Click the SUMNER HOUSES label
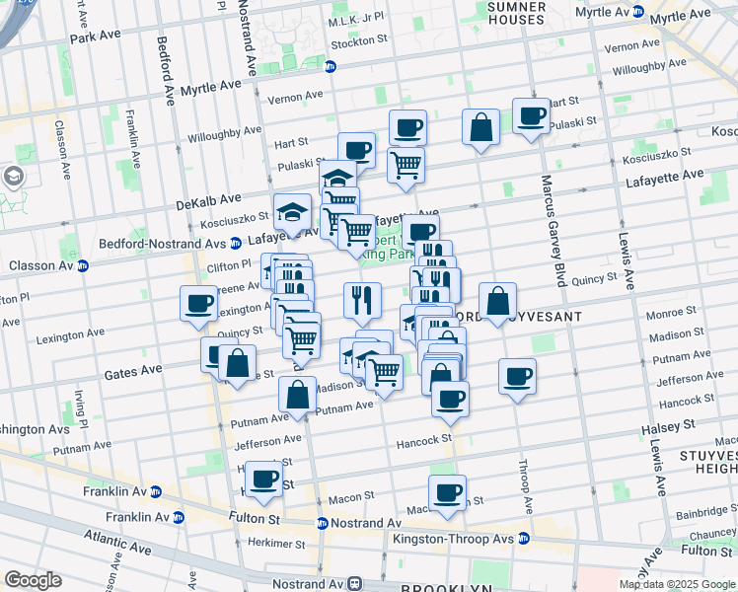(517, 13)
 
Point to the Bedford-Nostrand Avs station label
(163, 243)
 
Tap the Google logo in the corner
(33, 580)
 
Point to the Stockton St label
(359, 41)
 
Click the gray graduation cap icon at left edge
(14, 177)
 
